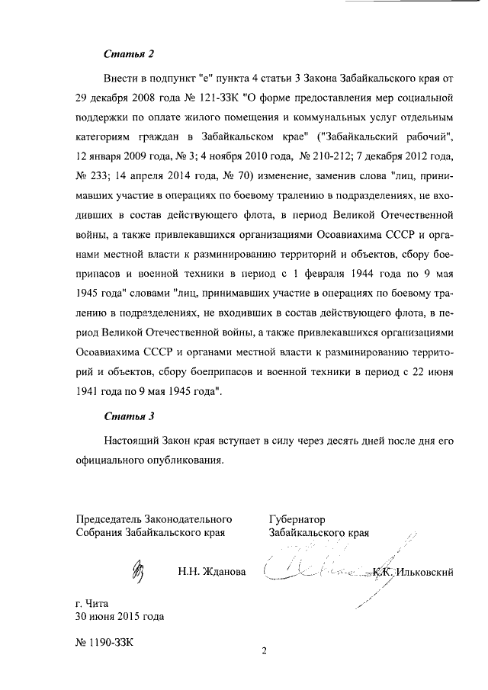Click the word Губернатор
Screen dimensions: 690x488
[x=297, y=520]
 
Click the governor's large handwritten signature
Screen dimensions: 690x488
[x=320, y=568]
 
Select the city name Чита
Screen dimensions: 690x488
[x=100, y=603]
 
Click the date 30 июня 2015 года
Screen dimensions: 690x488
[x=120, y=617]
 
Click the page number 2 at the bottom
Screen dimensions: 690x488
[x=264, y=651]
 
